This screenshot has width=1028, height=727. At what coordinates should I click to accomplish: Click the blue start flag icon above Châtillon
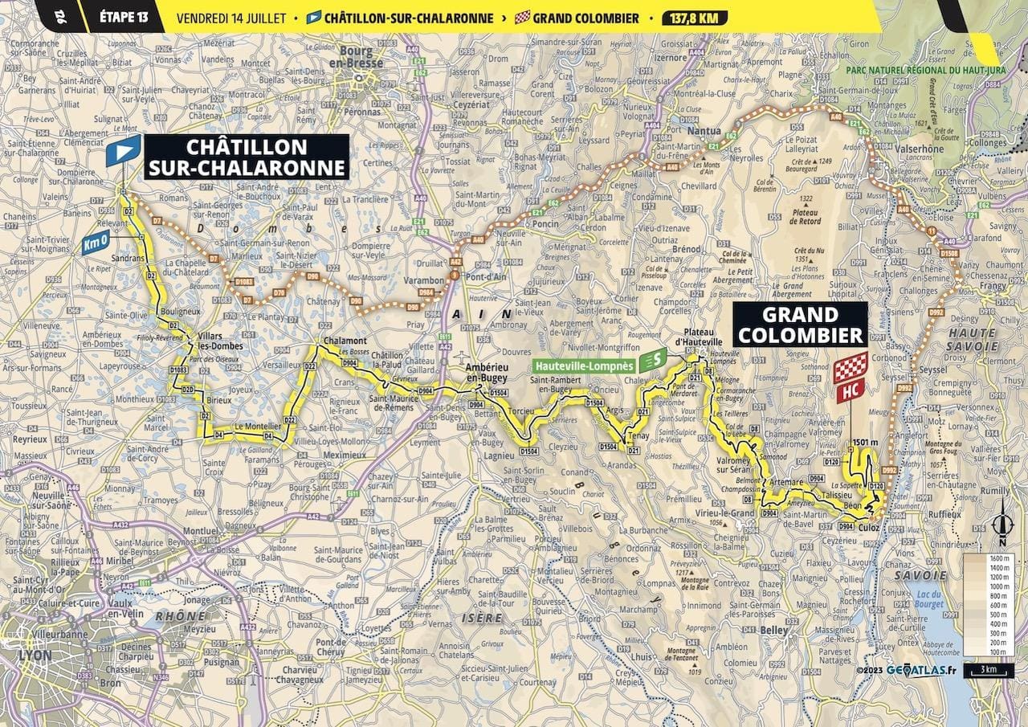coord(123,150)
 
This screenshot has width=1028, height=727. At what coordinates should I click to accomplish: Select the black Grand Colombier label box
coord(799,325)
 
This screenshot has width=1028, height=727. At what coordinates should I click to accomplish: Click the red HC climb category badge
coord(850,393)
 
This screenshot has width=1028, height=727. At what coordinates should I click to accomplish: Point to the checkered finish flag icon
coord(850,368)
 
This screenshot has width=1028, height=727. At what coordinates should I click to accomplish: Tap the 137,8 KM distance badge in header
coord(696,18)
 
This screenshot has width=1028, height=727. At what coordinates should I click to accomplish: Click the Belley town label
coord(774,631)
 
